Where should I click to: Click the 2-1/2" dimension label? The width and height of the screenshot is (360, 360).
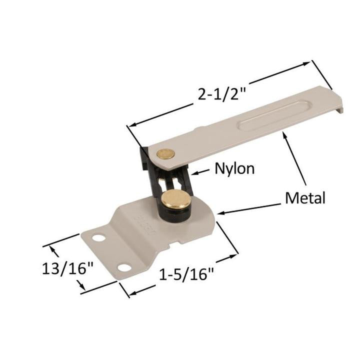coord(221,93)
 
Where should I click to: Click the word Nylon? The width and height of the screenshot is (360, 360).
coord(234,168)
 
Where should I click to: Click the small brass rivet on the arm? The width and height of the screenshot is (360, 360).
coord(165,153)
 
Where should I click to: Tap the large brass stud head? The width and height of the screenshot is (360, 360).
coord(176,198)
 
